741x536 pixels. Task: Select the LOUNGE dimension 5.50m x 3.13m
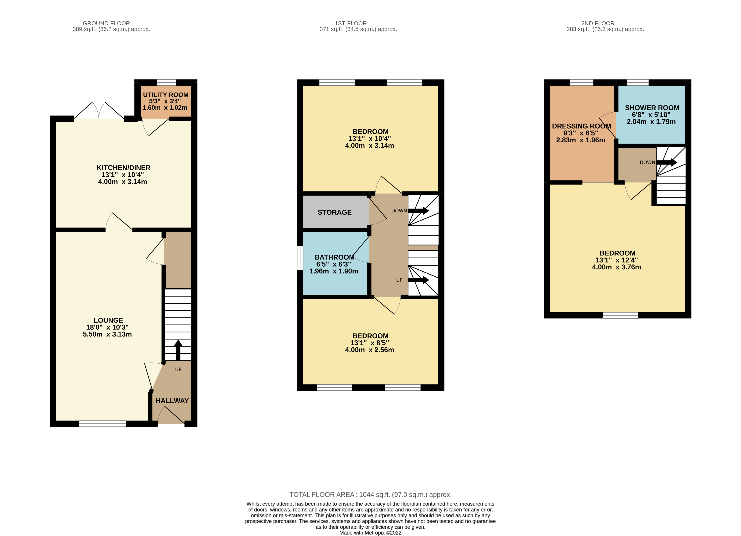(107, 334)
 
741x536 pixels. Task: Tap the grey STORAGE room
(334, 212)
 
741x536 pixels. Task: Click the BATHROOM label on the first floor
(334, 257)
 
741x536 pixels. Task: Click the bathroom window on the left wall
(300, 258)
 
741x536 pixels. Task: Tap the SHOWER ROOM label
(652, 108)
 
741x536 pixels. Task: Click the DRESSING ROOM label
(581, 126)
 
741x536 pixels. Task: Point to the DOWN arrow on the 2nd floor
(666, 162)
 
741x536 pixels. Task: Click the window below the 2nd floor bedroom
(620, 315)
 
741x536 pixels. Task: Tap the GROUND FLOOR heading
(106, 23)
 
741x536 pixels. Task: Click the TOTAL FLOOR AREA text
(370, 495)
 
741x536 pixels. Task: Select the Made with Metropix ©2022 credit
(370, 533)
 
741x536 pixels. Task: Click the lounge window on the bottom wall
(103, 424)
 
